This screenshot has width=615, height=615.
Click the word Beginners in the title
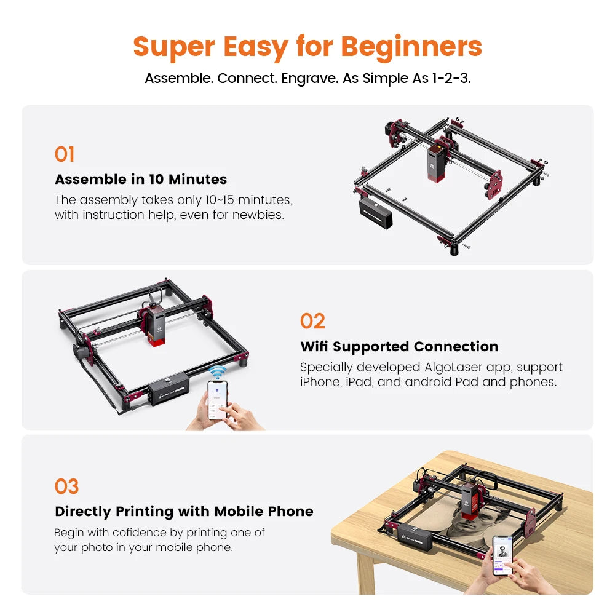pos(411,47)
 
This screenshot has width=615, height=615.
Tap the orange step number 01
pos(65,154)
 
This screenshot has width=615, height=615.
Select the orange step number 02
pos(312,321)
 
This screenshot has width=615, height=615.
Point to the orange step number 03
pos(66,486)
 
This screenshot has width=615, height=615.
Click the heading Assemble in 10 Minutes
pos(141,180)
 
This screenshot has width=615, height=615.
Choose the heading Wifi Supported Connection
pos(399,346)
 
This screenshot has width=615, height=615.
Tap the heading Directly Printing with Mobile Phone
pos(184,511)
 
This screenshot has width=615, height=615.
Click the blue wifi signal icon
pos(216,372)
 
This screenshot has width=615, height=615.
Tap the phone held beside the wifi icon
pos(217,399)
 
